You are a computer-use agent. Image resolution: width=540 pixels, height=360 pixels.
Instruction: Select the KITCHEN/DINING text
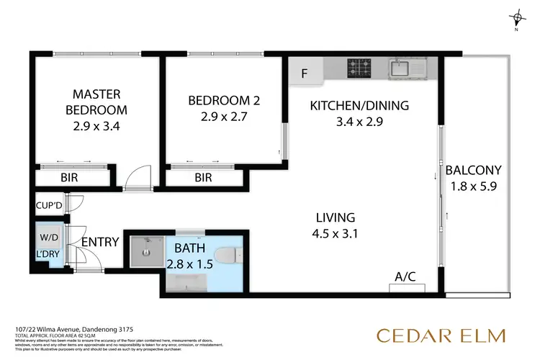359,106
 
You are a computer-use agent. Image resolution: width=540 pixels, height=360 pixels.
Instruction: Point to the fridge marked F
305,73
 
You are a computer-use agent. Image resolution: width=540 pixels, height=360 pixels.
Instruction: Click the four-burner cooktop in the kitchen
358,69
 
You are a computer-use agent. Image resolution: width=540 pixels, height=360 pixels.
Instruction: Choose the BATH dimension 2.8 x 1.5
189,264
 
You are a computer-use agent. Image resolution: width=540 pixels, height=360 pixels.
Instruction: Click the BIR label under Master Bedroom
69,177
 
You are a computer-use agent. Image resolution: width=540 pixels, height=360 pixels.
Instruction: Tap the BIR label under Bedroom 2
203,177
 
